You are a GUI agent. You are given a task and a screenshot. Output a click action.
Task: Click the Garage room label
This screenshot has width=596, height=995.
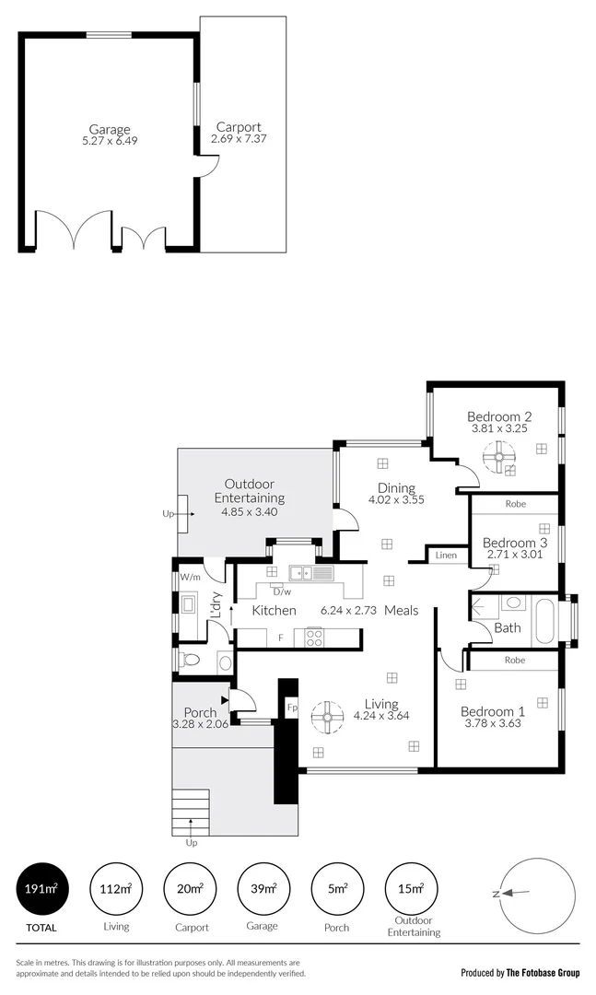[109, 129]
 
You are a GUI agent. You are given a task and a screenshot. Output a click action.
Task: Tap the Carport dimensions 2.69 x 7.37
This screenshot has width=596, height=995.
[238, 140]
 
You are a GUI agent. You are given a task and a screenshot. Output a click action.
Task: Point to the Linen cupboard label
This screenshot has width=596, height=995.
[446, 556]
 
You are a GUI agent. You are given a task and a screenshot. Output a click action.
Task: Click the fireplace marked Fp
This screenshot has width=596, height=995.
[292, 708]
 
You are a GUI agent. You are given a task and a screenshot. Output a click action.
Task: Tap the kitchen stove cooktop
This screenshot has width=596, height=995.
[314, 637]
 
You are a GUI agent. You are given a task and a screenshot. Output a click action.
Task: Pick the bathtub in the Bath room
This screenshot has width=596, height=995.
[545, 619]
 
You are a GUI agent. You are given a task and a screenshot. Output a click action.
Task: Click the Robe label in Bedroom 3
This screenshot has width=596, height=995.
[515, 504]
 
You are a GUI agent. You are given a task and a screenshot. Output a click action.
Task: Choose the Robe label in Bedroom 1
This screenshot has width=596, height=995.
[515, 660]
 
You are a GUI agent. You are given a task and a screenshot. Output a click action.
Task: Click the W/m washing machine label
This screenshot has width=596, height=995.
[191, 577]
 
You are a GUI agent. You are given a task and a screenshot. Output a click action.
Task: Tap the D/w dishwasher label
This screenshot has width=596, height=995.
[281, 591]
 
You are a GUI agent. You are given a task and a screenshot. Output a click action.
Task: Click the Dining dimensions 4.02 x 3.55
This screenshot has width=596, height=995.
[396, 501]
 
